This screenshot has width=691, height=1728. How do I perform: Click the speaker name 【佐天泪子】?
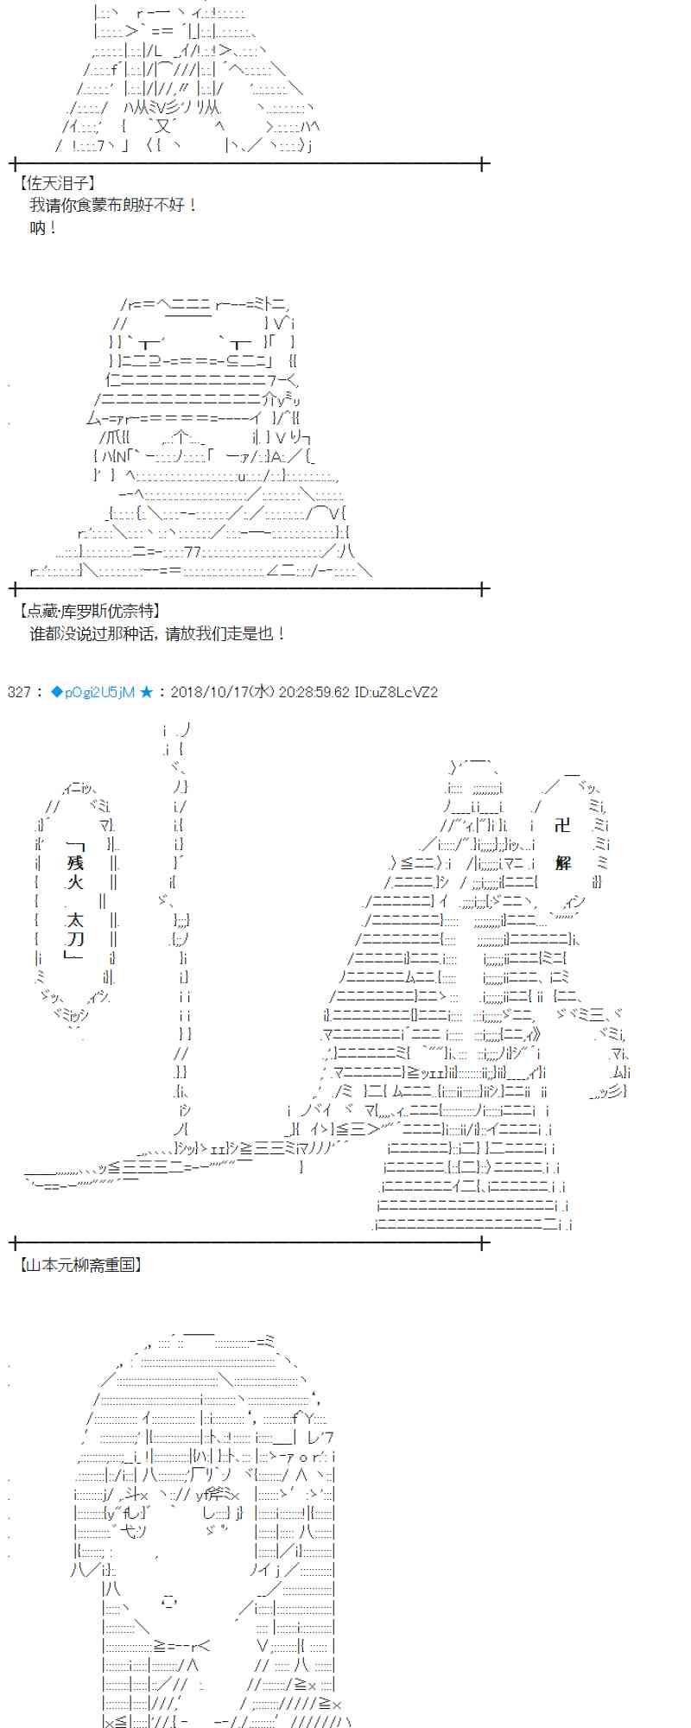57,183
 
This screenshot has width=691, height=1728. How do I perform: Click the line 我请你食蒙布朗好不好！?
113,206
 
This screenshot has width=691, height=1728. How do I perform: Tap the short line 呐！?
42,228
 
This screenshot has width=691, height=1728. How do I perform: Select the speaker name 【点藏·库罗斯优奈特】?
89,611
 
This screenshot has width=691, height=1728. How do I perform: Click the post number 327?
18,692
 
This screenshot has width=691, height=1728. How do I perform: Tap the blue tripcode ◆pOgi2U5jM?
92,692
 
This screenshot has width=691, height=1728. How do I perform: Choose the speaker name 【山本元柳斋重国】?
80,1265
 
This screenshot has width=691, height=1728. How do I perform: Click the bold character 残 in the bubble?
75,863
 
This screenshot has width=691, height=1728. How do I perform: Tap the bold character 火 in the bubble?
75,882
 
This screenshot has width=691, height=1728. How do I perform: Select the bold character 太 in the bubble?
75,920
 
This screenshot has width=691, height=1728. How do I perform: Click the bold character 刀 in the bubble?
75,939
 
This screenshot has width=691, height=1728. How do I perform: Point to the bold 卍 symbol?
563,825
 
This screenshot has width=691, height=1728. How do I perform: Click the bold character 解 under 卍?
563,863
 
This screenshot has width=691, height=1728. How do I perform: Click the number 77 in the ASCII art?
193,552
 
